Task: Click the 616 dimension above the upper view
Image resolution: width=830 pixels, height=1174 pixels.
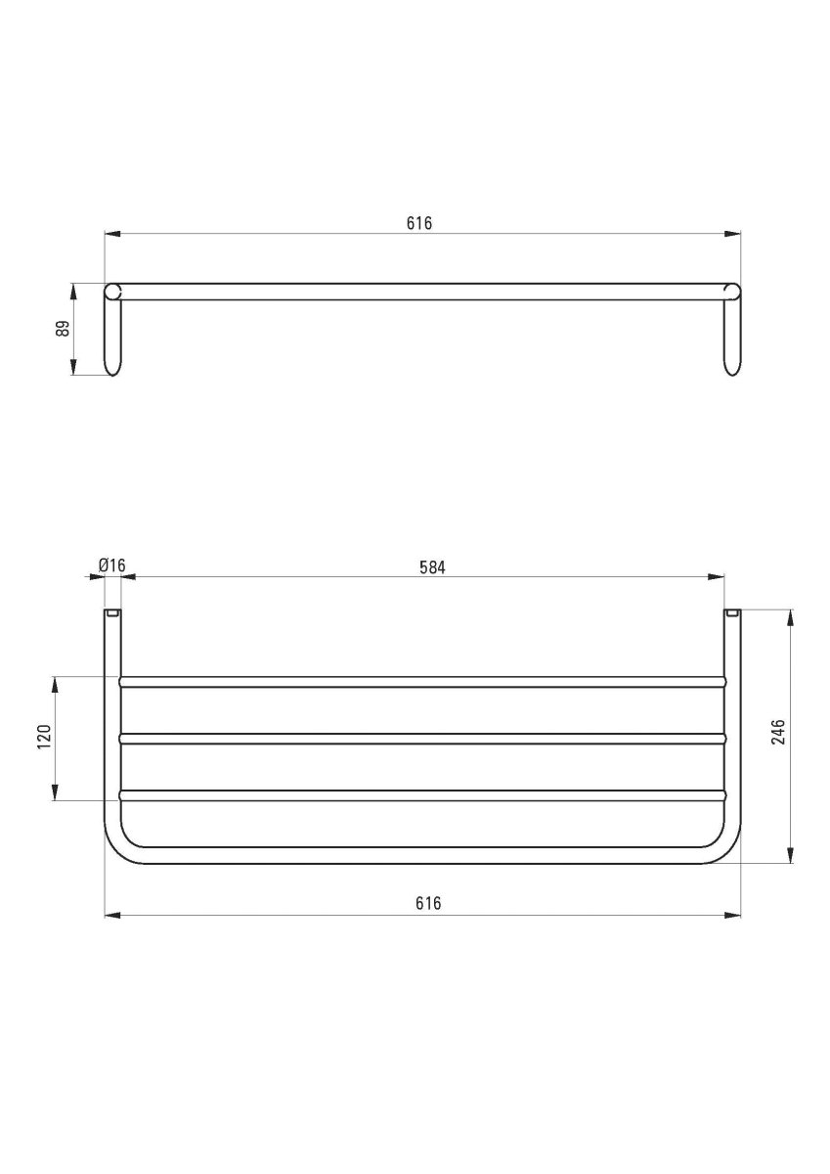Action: pos(419,223)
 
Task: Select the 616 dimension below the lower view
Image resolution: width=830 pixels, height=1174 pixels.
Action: pos(426,904)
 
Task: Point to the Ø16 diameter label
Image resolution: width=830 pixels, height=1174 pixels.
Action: pos(112,566)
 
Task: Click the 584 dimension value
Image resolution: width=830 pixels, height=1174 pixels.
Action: pos(432,566)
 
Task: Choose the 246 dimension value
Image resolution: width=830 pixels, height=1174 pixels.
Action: pos(779,733)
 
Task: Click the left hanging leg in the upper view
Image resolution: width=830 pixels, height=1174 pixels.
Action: pos(112,338)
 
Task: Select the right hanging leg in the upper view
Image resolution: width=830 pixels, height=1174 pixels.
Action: pos(731,338)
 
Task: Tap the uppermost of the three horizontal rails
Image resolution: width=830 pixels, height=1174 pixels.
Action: pos(420,681)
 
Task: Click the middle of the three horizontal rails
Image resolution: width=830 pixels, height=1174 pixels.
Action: pos(420,739)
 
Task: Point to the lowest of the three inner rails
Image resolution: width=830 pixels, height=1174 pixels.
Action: pos(420,795)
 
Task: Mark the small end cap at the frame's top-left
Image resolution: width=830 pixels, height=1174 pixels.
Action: pos(112,613)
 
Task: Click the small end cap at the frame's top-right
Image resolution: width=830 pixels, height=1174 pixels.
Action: pos(731,613)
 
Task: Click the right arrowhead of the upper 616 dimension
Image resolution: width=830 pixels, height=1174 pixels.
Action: pos(732,234)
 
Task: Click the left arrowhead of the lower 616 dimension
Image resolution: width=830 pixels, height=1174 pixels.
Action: pos(111,916)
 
